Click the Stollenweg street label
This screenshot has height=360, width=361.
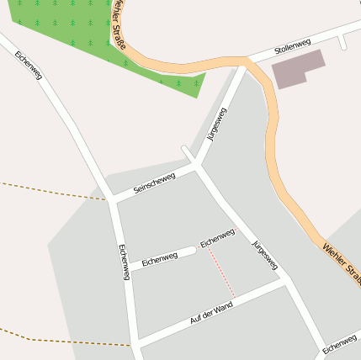coord(292,47)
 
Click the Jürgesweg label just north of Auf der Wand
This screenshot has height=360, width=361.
coord(265,255)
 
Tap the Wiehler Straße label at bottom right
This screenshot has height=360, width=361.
coord(342,262)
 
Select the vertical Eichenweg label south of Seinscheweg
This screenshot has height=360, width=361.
coord(124,262)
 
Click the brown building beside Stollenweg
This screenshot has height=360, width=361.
coord(298,68)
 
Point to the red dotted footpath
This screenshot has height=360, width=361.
coord(221,271)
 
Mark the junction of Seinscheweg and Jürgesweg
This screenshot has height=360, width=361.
coord(198,167)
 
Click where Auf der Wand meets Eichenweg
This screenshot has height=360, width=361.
coord(135,342)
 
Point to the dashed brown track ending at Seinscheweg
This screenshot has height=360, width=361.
coord(50,190)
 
